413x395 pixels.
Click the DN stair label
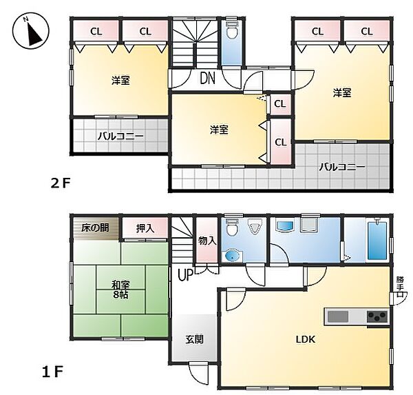(208, 78)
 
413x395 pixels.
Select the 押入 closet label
(145, 227)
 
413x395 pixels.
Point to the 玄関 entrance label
(193, 338)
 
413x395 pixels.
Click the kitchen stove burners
(377, 316)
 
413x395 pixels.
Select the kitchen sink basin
(338, 316)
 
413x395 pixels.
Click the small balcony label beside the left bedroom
(120, 136)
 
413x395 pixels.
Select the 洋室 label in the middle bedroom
(220, 129)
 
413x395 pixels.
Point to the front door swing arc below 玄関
(200, 373)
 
